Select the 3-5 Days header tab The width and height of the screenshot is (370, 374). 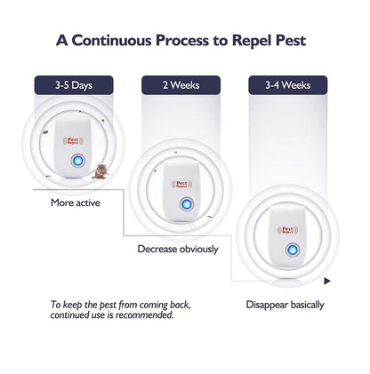75,85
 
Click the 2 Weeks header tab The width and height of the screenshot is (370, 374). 181,85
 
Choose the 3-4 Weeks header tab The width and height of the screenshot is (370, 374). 287,85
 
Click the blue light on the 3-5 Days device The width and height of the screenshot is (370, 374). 76,161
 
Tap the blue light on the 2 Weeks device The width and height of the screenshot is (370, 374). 182,204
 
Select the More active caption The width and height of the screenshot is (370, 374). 75,203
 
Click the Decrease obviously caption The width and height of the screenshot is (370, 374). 178,250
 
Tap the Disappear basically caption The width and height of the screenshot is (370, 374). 285,305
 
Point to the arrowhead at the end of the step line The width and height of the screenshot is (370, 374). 328,280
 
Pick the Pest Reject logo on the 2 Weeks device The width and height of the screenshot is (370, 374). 182,184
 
